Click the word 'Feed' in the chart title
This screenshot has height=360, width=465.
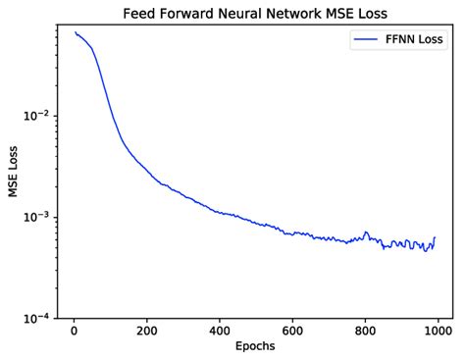140,14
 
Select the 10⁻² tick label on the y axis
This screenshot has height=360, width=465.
34,116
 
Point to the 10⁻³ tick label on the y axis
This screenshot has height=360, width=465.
34,217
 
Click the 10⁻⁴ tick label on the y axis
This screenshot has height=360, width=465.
34,318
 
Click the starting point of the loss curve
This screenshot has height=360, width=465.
75,32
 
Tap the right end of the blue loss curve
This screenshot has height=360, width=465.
435,237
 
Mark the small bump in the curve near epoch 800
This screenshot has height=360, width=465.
366,232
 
